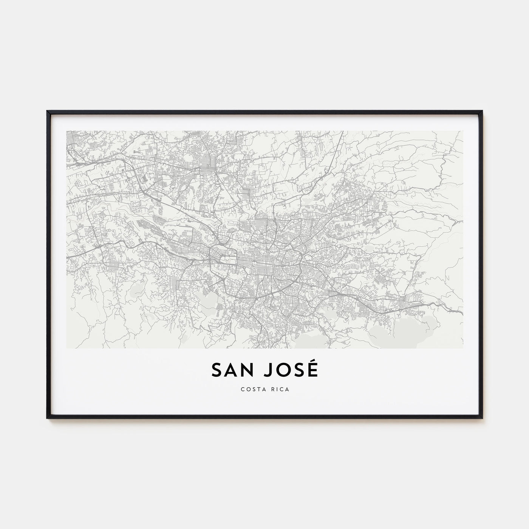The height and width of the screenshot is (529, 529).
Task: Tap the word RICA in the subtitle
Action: [280, 390]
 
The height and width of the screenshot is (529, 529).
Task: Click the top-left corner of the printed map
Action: [67, 131]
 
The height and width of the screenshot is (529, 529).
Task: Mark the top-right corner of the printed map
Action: [463, 131]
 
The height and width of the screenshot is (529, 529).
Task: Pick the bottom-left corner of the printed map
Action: [67, 348]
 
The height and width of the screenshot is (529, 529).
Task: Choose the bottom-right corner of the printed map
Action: [463, 348]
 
